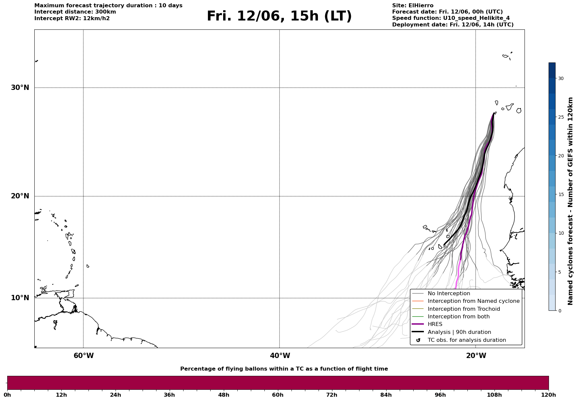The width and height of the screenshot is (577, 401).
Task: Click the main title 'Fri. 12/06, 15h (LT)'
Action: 279,17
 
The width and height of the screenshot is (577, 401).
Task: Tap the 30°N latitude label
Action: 20,88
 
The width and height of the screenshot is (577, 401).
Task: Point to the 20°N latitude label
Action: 20,196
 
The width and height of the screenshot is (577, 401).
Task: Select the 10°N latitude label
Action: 20,298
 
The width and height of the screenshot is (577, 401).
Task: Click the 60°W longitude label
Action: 84,356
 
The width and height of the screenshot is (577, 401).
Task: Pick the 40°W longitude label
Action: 280,356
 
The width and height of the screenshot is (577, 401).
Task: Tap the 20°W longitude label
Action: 476,356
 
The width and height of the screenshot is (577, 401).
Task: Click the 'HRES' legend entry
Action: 435,324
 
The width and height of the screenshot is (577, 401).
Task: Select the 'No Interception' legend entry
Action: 449,294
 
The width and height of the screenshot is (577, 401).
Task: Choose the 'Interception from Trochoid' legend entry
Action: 464,309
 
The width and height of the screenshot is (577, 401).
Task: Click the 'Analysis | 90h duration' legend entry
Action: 459,332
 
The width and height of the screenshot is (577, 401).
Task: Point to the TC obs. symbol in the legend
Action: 418,340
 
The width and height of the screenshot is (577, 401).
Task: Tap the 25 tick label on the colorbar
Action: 561,117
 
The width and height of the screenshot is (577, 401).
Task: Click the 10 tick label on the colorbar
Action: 561,233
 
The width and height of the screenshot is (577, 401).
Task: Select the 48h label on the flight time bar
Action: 224,395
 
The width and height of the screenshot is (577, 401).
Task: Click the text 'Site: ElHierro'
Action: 413,6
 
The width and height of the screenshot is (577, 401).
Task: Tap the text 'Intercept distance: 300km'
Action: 75,12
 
